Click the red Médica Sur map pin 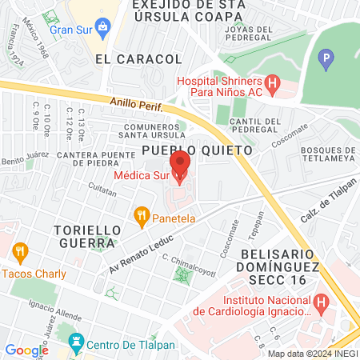(180, 163)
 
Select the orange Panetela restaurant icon (141, 214)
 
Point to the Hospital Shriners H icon (272, 82)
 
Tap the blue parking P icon (325, 58)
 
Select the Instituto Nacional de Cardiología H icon (322, 303)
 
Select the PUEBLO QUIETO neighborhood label (197, 150)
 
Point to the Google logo (27, 350)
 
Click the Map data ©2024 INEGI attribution (311, 354)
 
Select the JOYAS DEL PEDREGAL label (254, 30)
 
